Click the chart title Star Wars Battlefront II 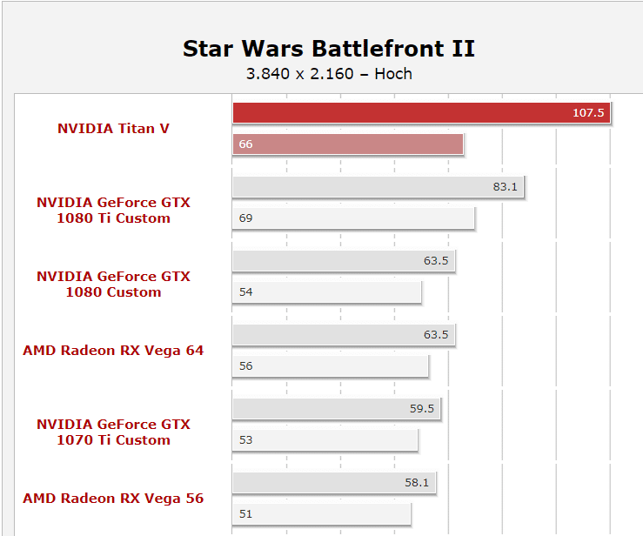coord(329,49)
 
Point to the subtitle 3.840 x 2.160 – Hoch coord(329,74)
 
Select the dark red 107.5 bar coord(421,113)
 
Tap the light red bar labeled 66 coord(348,144)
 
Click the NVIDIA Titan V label coord(113,129)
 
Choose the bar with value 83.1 coord(378,186)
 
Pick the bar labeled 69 coord(353,218)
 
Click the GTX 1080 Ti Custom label coord(113,210)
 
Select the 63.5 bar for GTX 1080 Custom coord(344,260)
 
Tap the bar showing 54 coord(327,292)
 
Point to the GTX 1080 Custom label coord(113,284)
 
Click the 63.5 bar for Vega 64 coord(344,335)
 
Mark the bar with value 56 coord(331,365)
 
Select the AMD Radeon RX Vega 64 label coord(113,350)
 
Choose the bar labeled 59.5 coord(337,408)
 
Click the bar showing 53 coord(325,439)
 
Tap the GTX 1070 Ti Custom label coord(113,432)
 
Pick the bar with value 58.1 coord(334,482)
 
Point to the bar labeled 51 coord(322,514)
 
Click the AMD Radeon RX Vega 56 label coord(113,499)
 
